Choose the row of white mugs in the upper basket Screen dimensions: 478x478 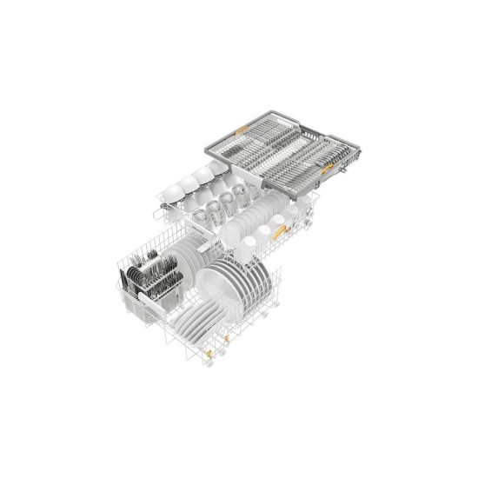[x=253, y=235]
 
